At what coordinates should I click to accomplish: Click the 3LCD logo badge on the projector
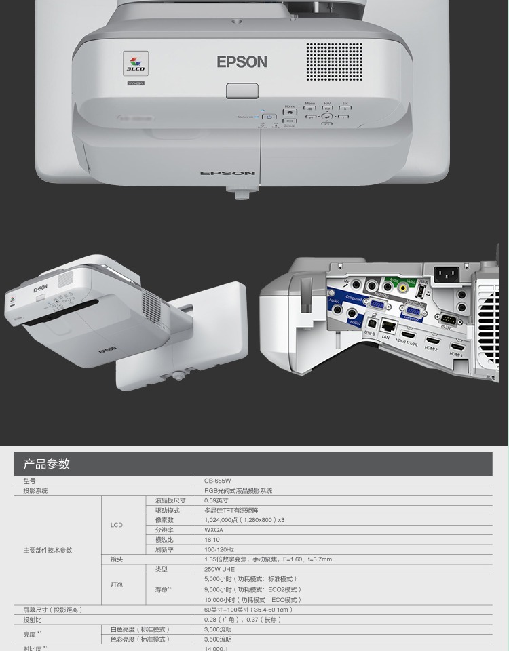(135, 63)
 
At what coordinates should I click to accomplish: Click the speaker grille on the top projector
(334, 61)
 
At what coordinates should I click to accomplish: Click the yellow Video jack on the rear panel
(403, 287)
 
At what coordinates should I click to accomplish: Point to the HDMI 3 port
(457, 345)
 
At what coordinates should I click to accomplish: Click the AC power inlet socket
(446, 275)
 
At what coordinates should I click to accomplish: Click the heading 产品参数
(47, 464)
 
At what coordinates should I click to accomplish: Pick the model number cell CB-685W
(218, 481)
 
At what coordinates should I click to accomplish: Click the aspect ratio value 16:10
(212, 540)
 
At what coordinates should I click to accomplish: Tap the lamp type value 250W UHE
(219, 570)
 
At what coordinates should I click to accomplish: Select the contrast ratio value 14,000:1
(218, 648)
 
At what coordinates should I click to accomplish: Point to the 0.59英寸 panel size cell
(215, 500)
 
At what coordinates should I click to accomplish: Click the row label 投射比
(33, 619)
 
